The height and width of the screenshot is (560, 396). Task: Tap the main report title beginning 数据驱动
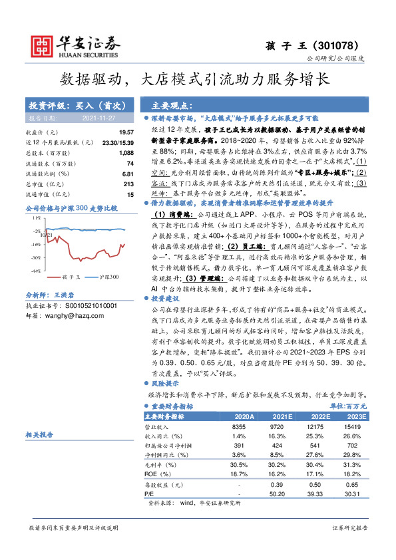coord(198,78)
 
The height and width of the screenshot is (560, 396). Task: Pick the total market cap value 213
coord(130,184)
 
